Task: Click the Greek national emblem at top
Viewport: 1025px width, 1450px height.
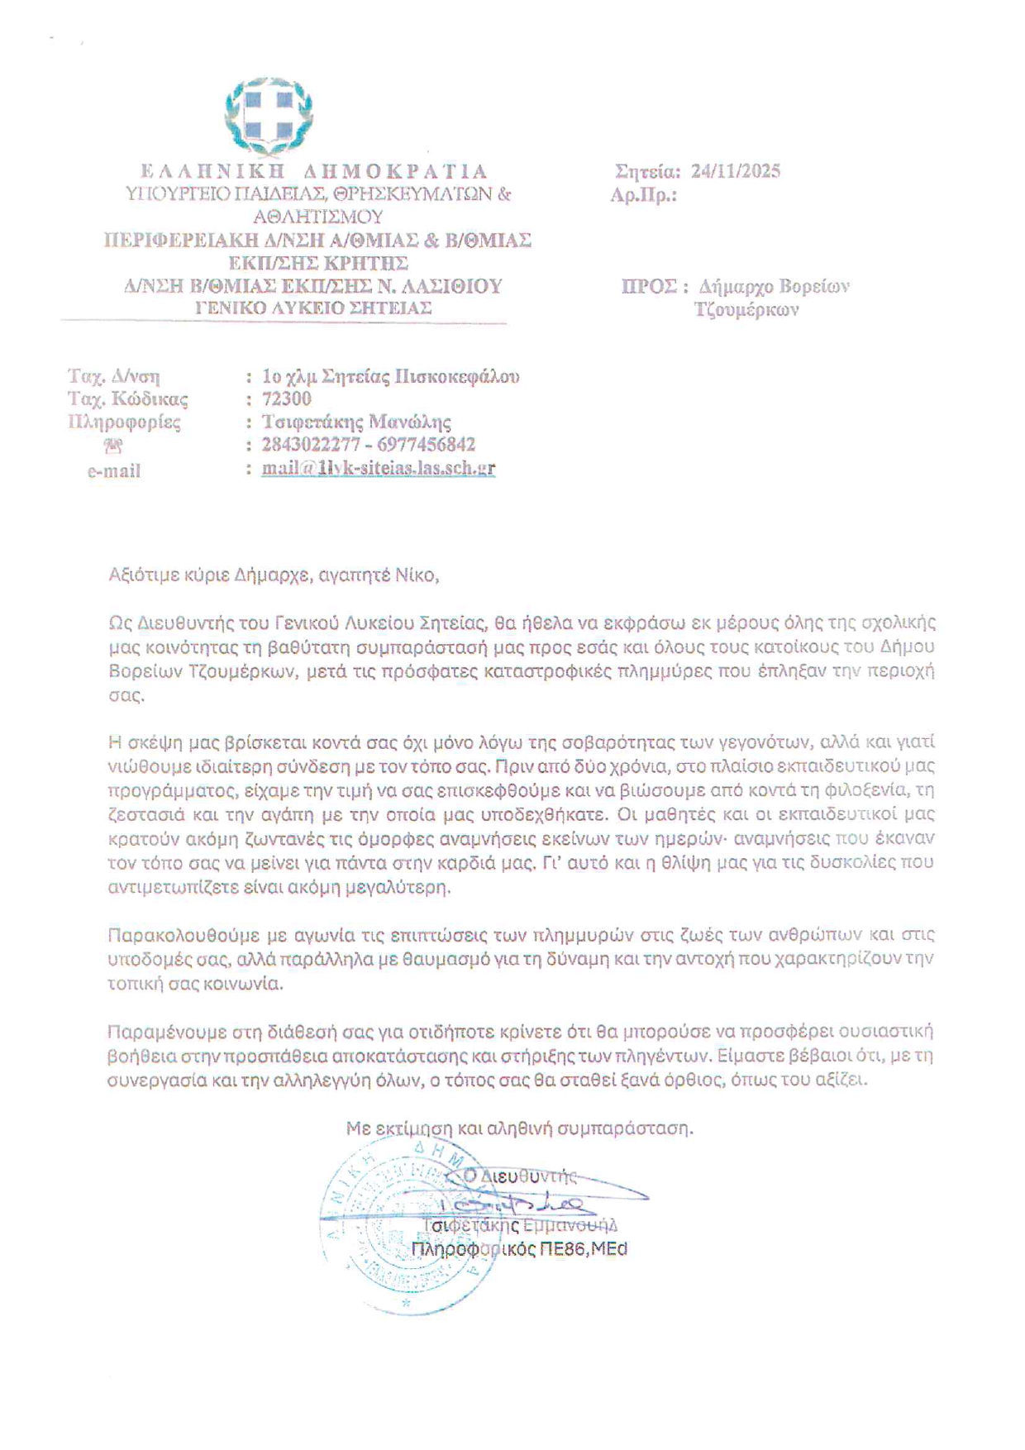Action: [269, 117]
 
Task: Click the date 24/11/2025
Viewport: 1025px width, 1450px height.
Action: [736, 171]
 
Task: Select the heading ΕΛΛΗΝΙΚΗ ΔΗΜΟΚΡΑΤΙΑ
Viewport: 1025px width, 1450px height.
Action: [314, 171]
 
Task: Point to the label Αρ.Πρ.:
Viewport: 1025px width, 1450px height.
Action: [643, 195]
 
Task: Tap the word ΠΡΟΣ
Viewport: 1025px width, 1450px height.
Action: [650, 286]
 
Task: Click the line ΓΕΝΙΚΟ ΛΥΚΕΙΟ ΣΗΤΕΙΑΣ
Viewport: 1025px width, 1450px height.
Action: [313, 308]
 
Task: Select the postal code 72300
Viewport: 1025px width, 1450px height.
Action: [287, 399]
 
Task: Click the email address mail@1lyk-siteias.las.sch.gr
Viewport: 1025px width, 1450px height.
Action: [379, 468]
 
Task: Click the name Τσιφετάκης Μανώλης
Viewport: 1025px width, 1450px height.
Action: [356, 422]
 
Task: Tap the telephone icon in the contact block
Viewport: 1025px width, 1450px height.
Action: [113, 446]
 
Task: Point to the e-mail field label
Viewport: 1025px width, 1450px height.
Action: [114, 471]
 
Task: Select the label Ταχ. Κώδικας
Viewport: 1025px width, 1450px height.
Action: [128, 400]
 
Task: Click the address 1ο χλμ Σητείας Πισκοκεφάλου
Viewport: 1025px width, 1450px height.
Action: [390, 377]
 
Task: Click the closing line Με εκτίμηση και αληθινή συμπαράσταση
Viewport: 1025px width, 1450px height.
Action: [519, 1128]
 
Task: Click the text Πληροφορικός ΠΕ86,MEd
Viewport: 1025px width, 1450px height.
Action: [519, 1248]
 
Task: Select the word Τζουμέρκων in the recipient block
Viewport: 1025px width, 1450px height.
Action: [746, 310]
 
